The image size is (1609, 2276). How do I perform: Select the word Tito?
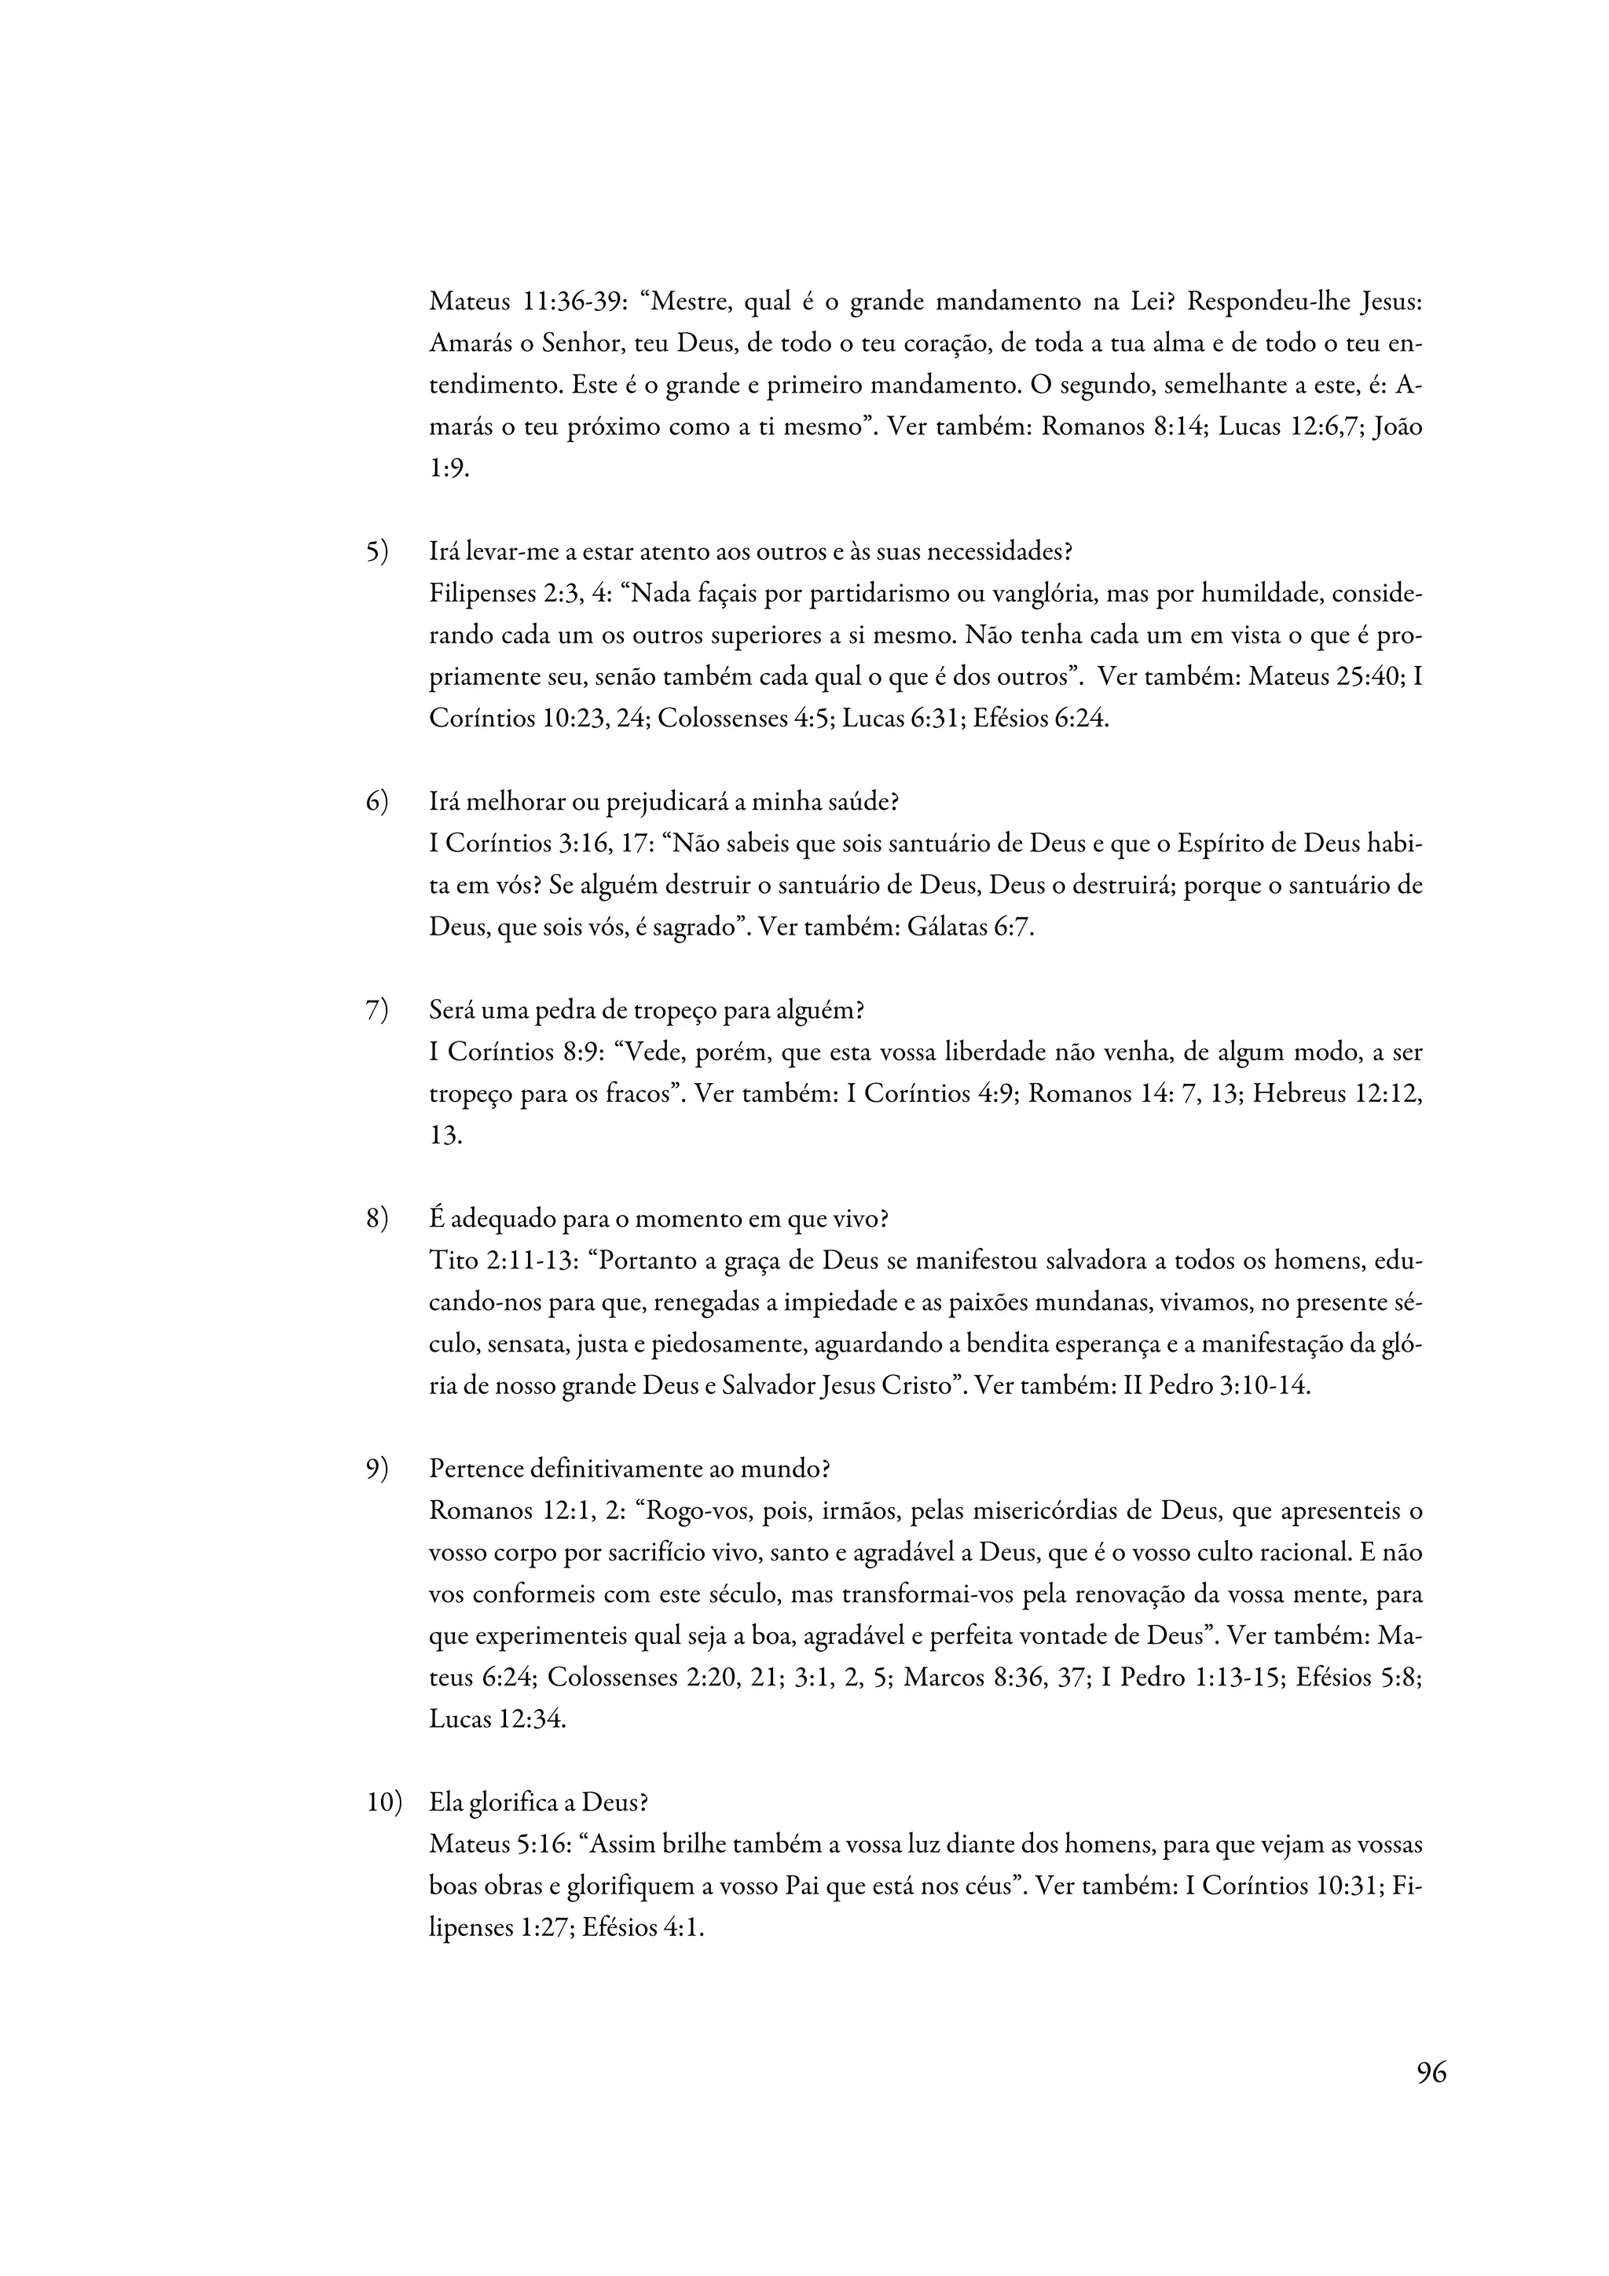[x=453, y=1261]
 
